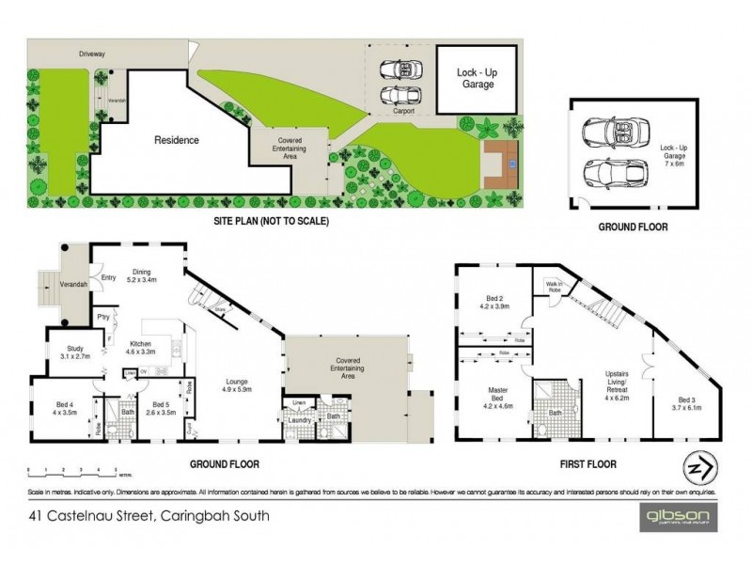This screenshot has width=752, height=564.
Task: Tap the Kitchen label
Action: [146, 346]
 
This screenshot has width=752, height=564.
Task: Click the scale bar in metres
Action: [72, 469]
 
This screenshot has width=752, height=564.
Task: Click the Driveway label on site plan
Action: [91, 55]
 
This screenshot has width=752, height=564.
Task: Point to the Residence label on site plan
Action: [177, 141]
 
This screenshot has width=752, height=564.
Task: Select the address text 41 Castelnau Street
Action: [147, 516]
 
